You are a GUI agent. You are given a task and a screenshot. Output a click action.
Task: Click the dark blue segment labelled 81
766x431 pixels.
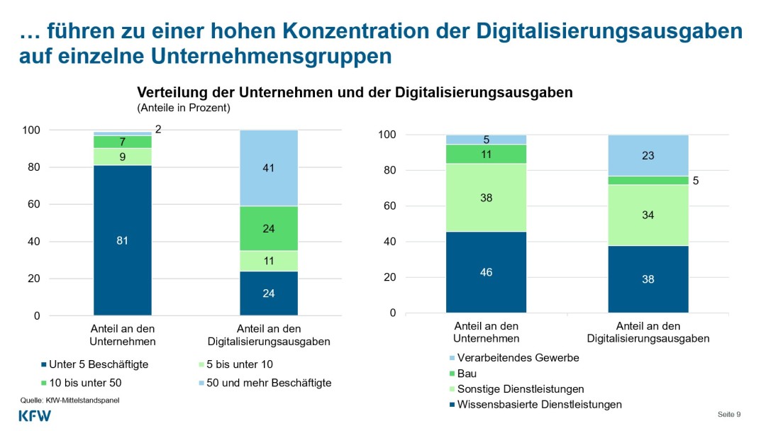[x=122, y=240]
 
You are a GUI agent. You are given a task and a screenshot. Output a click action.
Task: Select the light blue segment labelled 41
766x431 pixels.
[x=268, y=168]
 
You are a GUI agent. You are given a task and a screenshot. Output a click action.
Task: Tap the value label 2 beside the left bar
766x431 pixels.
[x=158, y=130]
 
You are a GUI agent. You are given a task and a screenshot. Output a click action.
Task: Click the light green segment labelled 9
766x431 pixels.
[x=122, y=157]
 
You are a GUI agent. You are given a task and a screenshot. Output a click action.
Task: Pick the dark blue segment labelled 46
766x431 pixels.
[x=486, y=272]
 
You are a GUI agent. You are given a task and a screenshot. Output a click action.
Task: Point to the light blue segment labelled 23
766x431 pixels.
[x=648, y=155]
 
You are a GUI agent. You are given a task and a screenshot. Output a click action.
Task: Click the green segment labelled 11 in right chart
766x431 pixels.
[x=486, y=154]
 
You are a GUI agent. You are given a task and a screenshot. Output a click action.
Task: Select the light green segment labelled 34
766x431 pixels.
[x=648, y=215]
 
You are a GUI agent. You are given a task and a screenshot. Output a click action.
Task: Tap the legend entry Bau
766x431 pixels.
[x=466, y=374]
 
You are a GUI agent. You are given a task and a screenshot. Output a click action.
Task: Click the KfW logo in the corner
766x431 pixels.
[x=35, y=416]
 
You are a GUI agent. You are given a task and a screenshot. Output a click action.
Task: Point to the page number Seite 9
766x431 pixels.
[x=728, y=414]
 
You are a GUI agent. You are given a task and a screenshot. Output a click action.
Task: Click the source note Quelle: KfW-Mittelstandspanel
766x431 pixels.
[x=70, y=401]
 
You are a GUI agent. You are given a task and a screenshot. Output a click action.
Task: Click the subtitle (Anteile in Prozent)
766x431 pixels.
[x=184, y=108]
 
